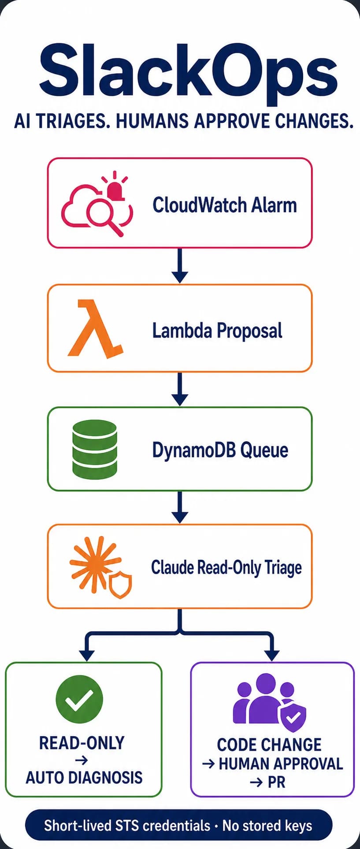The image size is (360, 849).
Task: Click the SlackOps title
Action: [x=189, y=73]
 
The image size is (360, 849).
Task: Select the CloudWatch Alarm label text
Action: [x=225, y=205]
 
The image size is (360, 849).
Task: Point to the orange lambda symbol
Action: [x=95, y=328]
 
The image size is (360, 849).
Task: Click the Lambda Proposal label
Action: [x=217, y=331]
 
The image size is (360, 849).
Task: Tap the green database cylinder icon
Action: [x=95, y=449]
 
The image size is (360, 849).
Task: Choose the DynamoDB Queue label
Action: [x=220, y=450]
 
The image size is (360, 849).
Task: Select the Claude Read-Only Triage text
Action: [x=226, y=568]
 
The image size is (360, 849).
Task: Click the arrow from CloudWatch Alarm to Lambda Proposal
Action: [x=180, y=265]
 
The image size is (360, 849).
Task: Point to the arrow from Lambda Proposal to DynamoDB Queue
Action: [x=180, y=389]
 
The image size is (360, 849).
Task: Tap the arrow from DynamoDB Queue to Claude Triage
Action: [x=180, y=507]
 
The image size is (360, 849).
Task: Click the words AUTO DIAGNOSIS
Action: [x=84, y=777]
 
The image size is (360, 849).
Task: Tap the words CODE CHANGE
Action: [x=269, y=745]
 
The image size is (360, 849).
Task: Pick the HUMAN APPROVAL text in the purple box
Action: [x=281, y=763]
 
